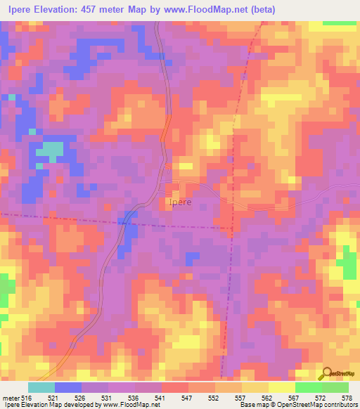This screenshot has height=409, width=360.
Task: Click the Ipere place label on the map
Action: (x=180, y=202)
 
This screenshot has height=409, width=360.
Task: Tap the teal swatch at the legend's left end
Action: (x=41, y=387)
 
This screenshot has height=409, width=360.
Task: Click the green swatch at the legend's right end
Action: (x=335, y=387)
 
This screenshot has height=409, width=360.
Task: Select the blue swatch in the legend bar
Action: (x=67, y=387)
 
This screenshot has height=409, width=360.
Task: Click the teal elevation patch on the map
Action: (x=49, y=150)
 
